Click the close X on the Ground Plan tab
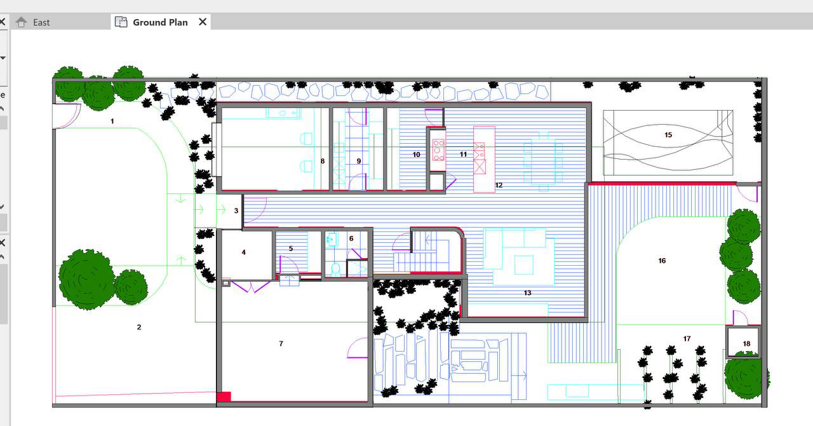click(x=203, y=22)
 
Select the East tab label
click(x=41, y=22)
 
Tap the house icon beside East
click(x=22, y=22)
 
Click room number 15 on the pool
click(x=668, y=135)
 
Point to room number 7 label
click(x=281, y=343)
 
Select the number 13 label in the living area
click(x=527, y=292)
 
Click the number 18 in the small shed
click(x=746, y=343)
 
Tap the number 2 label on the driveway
click(x=139, y=327)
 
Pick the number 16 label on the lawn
click(x=662, y=261)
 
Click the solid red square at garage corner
click(x=224, y=397)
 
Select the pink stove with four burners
click(x=438, y=150)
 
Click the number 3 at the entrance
click(x=236, y=211)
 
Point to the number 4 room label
click(x=243, y=252)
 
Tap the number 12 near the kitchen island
click(x=499, y=185)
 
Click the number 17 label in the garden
click(x=687, y=339)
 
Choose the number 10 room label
click(x=416, y=155)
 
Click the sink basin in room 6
click(x=332, y=239)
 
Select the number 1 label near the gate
click(x=112, y=121)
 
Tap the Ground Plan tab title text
click(x=161, y=22)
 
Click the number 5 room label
click(x=291, y=249)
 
